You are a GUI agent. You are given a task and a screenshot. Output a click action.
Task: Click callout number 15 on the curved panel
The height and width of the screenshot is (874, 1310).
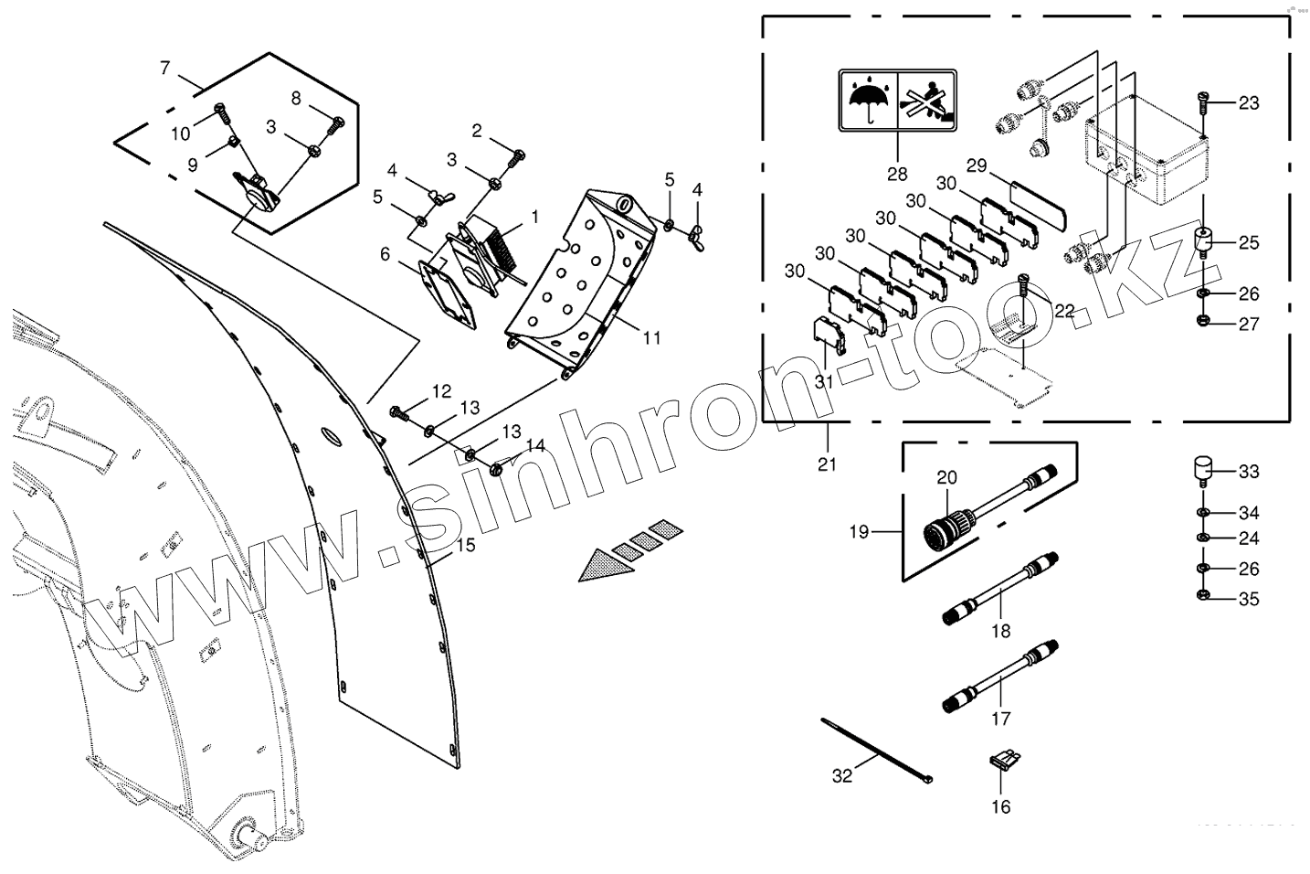pos(465,546)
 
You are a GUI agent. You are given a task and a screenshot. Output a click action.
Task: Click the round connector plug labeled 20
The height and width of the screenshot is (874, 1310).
pos(945,529)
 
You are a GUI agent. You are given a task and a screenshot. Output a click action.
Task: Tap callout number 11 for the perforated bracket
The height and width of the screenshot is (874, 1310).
pos(650,338)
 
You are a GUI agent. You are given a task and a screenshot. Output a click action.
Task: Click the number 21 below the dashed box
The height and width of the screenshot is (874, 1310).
pos(827,464)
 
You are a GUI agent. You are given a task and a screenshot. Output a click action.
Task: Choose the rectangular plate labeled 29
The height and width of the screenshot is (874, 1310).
pos(1041,207)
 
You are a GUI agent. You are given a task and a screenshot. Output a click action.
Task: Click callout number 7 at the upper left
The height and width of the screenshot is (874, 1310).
pos(164,68)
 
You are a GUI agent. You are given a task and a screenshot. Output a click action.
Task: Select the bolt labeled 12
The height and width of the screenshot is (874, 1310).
pos(399,413)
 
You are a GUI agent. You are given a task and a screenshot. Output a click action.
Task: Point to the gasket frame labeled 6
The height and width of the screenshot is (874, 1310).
pos(448,293)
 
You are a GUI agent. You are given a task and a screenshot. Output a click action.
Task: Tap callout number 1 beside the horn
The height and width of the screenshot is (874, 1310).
pos(535,217)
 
